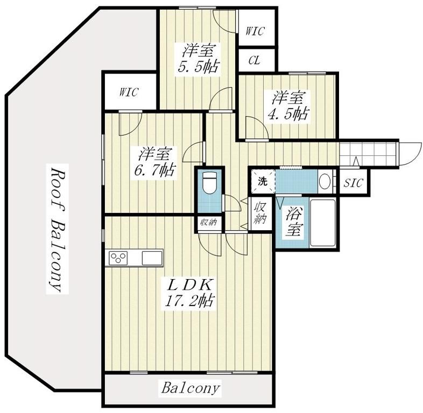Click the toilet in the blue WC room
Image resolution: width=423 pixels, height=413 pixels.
pos(209,183)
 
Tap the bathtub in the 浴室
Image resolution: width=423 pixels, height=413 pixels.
pos(323,223)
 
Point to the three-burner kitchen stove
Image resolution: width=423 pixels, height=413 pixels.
pos(118,258)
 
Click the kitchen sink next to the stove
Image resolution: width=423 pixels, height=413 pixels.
pos(152,258)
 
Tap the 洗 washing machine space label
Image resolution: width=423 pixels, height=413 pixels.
pos(262,181)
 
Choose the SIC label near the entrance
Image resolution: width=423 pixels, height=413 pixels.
pos(353,183)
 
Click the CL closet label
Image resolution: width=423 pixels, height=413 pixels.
pos(254,60)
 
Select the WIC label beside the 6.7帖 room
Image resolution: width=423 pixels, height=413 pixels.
pos(129,92)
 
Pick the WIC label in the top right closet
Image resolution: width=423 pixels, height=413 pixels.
pos(255,31)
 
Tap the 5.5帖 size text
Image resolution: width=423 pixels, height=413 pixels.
pos(198,66)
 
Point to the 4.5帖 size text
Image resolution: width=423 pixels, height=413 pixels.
pos(287,114)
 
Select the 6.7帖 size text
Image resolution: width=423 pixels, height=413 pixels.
pos(154,170)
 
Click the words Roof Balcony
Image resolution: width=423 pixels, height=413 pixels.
pos(57,229)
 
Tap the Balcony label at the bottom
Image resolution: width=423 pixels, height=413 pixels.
pos(191,388)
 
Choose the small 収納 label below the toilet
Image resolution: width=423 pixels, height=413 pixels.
pos(209,223)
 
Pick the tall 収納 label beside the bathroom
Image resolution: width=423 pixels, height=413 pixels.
pos(260,213)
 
